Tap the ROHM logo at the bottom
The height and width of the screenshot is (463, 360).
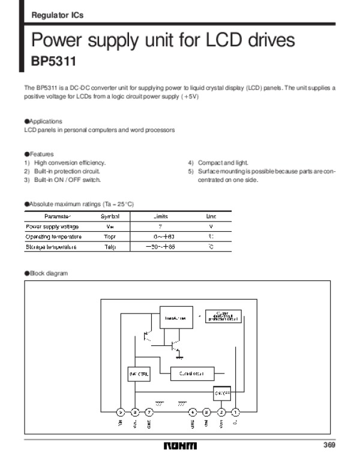pyautogui.click(x=179, y=446)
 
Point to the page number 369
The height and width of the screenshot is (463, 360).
pyautogui.click(x=329, y=445)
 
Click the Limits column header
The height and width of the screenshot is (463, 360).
pyautogui.click(x=161, y=216)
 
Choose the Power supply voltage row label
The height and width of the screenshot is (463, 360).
pyautogui.click(x=52, y=226)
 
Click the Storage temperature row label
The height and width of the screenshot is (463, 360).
pyautogui.click(x=51, y=247)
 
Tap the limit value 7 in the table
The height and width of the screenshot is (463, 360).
pyautogui.click(x=160, y=226)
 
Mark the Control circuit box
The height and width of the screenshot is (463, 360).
pyautogui.click(x=191, y=374)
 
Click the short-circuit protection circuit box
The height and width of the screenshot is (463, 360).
pyautogui.click(x=223, y=316)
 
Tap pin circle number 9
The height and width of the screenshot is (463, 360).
pyautogui.click(x=121, y=412)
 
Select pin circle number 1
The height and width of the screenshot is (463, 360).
pyautogui.click(x=235, y=412)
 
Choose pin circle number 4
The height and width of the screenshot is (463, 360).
pyautogui.click(x=193, y=412)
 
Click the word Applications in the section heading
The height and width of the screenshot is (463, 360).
pyautogui.click(x=46, y=121)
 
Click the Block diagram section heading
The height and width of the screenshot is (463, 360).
pyautogui.click(x=49, y=273)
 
